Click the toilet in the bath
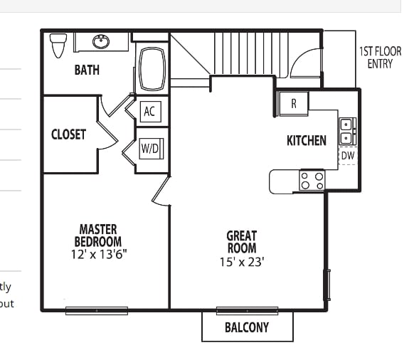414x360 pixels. (x=58, y=46)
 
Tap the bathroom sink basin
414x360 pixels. (x=102, y=42)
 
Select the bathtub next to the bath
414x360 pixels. (x=152, y=69)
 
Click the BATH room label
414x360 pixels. (x=87, y=70)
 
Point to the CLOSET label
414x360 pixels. (x=68, y=134)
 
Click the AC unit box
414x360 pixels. (x=149, y=111)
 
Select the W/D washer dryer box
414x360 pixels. (x=150, y=148)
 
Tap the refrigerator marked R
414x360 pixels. (x=293, y=103)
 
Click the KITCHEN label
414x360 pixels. (x=307, y=140)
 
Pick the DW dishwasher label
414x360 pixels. (x=347, y=156)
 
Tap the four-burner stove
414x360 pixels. (x=312, y=181)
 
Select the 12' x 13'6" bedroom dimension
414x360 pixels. (x=98, y=254)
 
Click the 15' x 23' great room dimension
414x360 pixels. (x=242, y=261)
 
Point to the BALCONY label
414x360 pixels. (x=247, y=327)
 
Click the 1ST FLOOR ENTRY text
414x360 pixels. (x=380, y=58)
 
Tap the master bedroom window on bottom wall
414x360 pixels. (x=97, y=309)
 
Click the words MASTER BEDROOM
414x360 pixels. (x=98, y=235)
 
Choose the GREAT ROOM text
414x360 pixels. (x=242, y=242)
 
